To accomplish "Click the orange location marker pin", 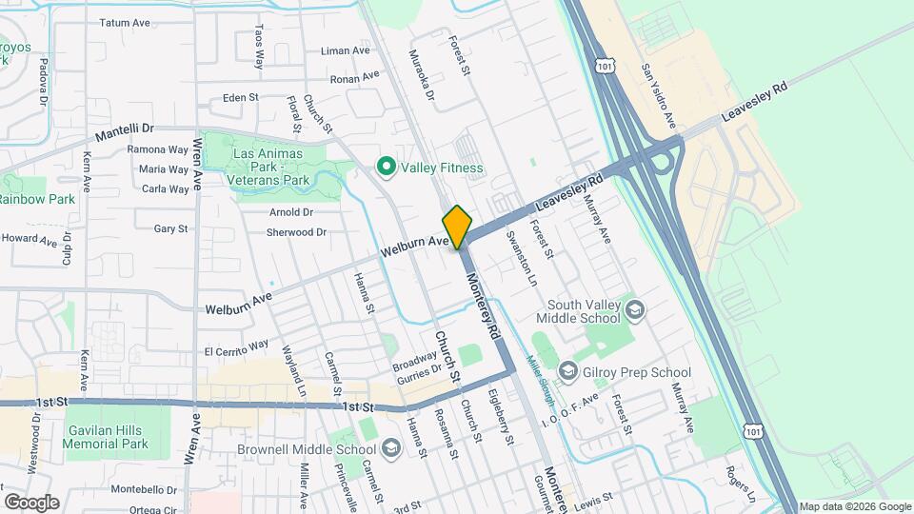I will click(x=457, y=227).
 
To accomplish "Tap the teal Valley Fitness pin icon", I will click(x=387, y=168).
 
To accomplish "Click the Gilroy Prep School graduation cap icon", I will click(x=568, y=369).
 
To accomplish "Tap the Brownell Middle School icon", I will click(x=390, y=449).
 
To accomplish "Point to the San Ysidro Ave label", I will click(x=657, y=95).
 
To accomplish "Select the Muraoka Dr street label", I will click(x=422, y=76).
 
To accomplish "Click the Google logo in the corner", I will click(x=31, y=502).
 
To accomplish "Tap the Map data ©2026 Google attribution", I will click(x=854, y=506).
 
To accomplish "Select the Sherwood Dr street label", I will click(x=296, y=232).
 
